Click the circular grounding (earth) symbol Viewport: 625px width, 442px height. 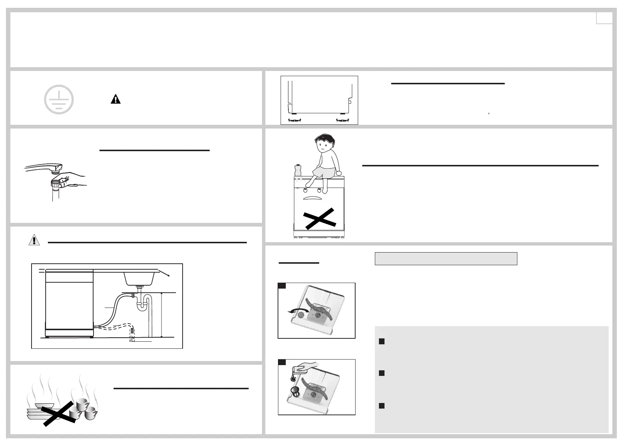click(59, 100)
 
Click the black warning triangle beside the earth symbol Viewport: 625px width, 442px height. click(115, 99)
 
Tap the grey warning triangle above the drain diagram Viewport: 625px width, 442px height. click(34, 240)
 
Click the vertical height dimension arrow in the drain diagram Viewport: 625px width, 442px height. click(162, 315)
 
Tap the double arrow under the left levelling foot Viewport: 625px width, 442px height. click(294, 120)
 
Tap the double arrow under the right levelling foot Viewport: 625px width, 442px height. click(342, 120)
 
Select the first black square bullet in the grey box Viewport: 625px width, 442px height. click(381, 341)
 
